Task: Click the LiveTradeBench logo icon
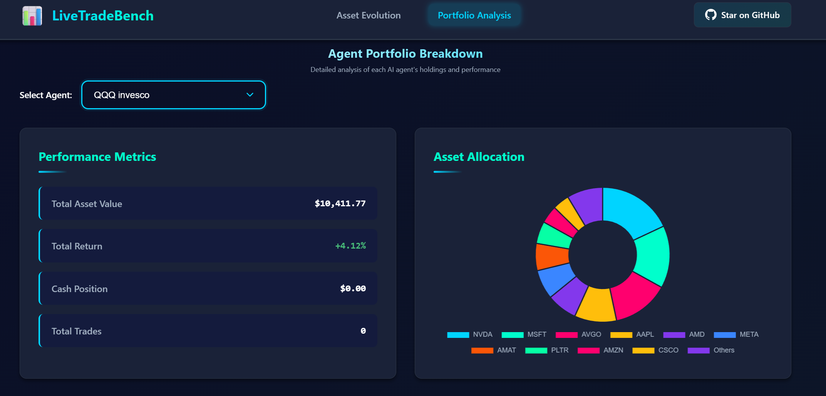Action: tap(32, 16)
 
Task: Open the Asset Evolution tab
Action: tap(369, 15)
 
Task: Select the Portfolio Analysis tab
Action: tap(474, 15)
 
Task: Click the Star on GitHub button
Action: tap(742, 15)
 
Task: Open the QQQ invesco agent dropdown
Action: tap(173, 95)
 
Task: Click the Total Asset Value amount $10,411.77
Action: tap(340, 204)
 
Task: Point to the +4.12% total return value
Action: tap(350, 246)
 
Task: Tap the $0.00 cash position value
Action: tap(353, 289)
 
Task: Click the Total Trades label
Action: tap(77, 331)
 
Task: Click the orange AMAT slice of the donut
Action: tap(551, 256)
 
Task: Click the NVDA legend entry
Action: tap(470, 334)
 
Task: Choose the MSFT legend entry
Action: tap(524, 334)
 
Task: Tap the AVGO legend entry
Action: tap(578, 334)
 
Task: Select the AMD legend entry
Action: tap(684, 334)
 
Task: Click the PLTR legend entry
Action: tap(547, 350)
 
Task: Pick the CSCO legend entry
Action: tap(655, 350)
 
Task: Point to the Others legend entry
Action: tap(711, 350)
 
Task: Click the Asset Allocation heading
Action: tap(479, 157)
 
